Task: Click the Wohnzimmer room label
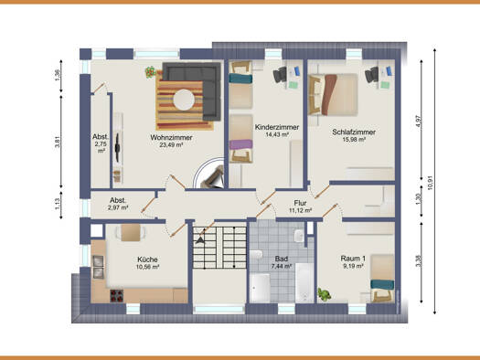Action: click(x=171, y=137)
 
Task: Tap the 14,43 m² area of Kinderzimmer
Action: click(x=277, y=134)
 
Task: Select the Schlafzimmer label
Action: click(x=354, y=132)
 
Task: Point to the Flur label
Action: click(x=300, y=203)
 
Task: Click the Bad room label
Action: click(x=281, y=259)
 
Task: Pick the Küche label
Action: click(x=147, y=259)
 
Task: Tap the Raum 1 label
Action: click(x=353, y=259)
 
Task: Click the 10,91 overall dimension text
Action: click(x=430, y=183)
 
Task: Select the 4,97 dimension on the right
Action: click(x=418, y=122)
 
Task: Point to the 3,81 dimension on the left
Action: click(x=58, y=142)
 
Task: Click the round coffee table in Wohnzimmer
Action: click(x=184, y=100)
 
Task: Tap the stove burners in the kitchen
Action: click(x=117, y=296)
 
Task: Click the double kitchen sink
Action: click(x=98, y=267)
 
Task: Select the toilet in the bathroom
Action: click(x=256, y=254)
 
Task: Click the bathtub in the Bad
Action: click(x=304, y=282)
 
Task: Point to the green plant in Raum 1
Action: click(x=325, y=294)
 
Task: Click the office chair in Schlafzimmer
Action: click(x=371, y=75)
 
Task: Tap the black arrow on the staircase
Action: click(x=200, y=239)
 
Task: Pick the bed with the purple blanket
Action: click(x=241, y=139)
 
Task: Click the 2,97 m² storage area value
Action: click(x=118, y=208)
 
